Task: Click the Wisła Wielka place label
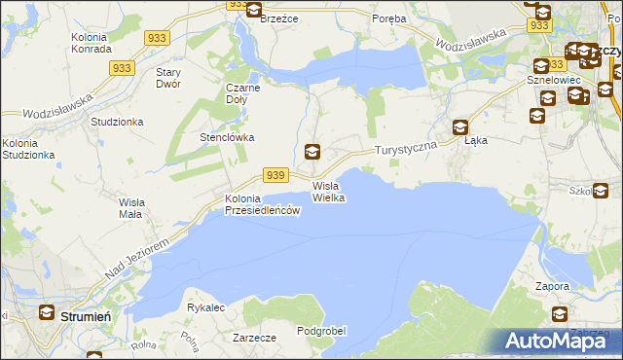pos(328,192)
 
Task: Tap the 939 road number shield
pos(275,174)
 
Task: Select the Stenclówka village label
pos(227,137)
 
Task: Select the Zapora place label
pos(553,287)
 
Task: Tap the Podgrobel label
pos(321,331)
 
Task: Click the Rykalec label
pos(206,307)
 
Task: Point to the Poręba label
pos(390,18)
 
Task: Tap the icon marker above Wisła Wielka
pos(312,151)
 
